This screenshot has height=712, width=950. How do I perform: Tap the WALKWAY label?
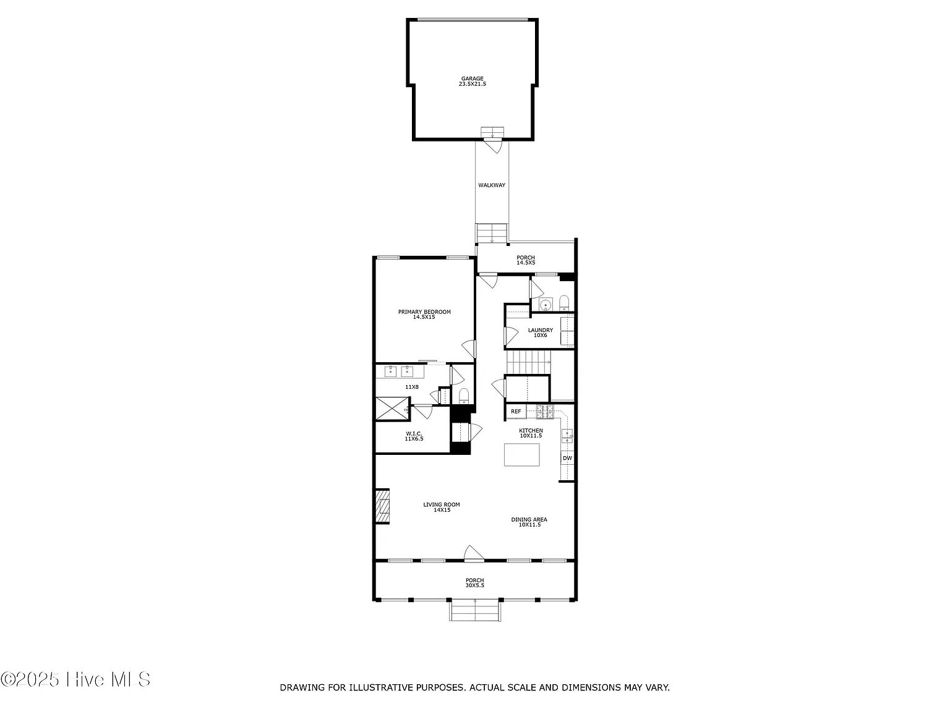point(492,185)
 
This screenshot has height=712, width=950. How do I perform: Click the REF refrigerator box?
point(516,412)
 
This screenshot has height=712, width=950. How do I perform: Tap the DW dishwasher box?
point(567,458)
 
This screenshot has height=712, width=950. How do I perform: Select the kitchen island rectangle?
point(521,455)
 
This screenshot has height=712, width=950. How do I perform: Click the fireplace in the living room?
point(382,506)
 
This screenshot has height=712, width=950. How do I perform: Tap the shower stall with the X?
point(392,409)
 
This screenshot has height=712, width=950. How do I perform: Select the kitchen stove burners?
point(545,412)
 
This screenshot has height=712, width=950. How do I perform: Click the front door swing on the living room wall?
point(474,554)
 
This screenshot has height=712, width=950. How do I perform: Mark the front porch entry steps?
point(475,611)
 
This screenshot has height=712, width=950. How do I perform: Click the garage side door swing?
point(493,145)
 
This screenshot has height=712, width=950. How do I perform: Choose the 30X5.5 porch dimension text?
point(475,585)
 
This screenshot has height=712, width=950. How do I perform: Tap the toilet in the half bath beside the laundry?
point(563,303)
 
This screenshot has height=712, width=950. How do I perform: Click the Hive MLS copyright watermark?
point(75,679)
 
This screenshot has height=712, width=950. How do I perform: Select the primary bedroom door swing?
point(469,349)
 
